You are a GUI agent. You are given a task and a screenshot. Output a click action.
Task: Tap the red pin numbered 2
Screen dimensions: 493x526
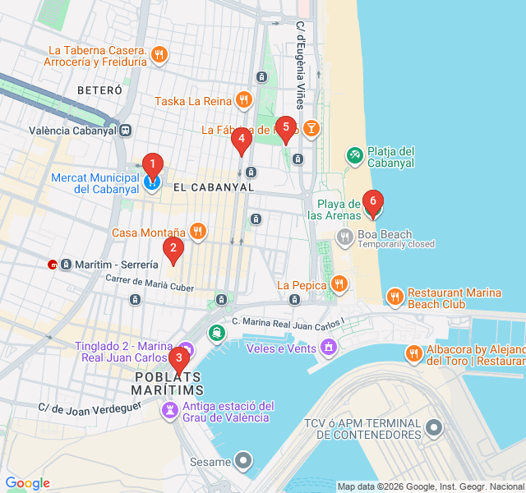tap(172, 249)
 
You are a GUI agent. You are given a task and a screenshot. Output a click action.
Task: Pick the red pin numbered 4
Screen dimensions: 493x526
tap(241, 141)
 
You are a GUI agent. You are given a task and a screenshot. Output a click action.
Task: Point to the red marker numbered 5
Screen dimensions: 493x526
tap(285, 128)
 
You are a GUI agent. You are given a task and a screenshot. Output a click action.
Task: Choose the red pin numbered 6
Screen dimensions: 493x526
tap(372, 201)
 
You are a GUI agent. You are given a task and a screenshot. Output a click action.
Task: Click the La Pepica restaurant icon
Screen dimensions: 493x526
tap(339, 285)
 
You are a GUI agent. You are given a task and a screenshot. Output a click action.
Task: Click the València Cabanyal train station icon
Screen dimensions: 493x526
tap(126, 131)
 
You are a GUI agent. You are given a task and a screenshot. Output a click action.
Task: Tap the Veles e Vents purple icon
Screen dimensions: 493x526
tap(329, 348)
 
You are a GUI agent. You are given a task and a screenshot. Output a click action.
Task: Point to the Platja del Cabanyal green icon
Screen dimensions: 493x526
tap(354, 154)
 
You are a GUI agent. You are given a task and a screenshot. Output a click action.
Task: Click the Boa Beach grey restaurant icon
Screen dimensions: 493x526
tap(344, 237)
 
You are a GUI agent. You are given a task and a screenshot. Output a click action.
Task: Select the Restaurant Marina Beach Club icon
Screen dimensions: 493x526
tap(394, 297)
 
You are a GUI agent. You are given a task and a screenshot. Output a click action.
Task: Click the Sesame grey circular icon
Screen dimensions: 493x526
tap(243, 462)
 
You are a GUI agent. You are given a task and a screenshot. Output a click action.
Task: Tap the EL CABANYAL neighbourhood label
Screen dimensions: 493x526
tap(214, 187)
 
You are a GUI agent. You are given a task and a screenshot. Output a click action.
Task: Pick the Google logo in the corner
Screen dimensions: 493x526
tap(27, 483)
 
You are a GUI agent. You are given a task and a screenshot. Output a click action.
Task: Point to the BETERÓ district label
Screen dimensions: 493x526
tap(99, 90)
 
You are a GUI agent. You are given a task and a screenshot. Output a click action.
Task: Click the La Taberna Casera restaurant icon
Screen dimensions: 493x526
tap(159, 55)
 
